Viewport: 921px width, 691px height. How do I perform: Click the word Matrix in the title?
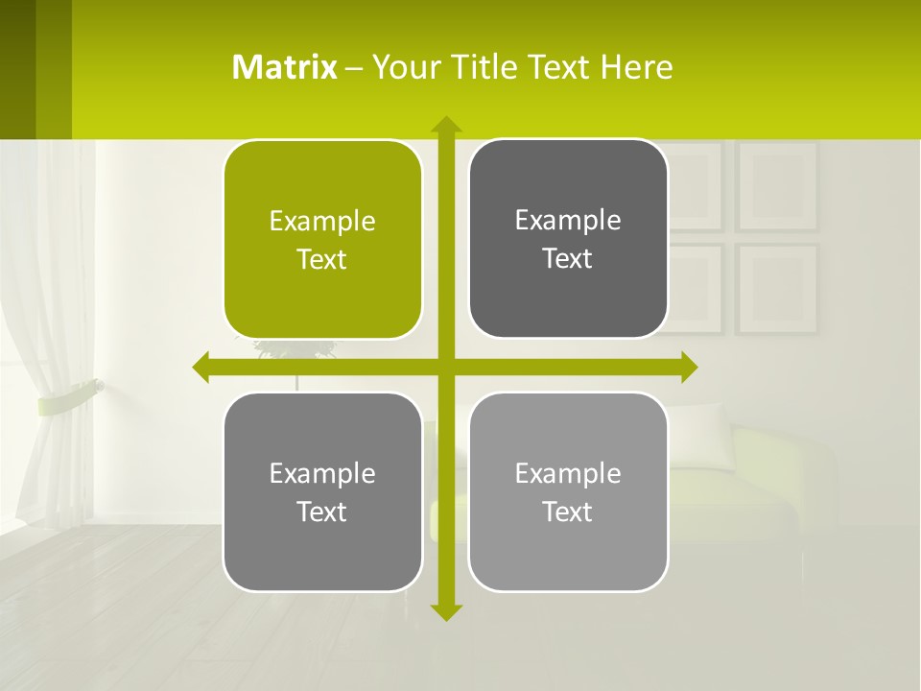click(285, 67)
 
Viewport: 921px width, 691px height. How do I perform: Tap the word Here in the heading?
click(636, 67)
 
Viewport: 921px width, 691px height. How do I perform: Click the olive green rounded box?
click(322, 239)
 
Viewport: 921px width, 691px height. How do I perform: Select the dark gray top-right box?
click(568, 238)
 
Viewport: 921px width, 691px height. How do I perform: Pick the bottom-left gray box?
click(322, 491)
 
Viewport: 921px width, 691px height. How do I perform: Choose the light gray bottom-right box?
click(568, 491)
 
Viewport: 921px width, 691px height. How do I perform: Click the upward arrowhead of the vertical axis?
click(445, 124)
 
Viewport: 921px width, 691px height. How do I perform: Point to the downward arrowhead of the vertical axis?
click(445, 611)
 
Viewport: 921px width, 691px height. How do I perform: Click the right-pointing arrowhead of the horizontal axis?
click(689, 368)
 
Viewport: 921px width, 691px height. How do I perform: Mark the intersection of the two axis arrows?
click(445, 368)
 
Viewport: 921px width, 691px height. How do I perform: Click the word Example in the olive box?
click(322, 221)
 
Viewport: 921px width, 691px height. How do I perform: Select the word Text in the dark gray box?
click(568, 258)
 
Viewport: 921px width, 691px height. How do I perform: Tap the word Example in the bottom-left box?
click(322, 473)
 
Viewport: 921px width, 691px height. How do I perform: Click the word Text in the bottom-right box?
click(568, 512)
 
